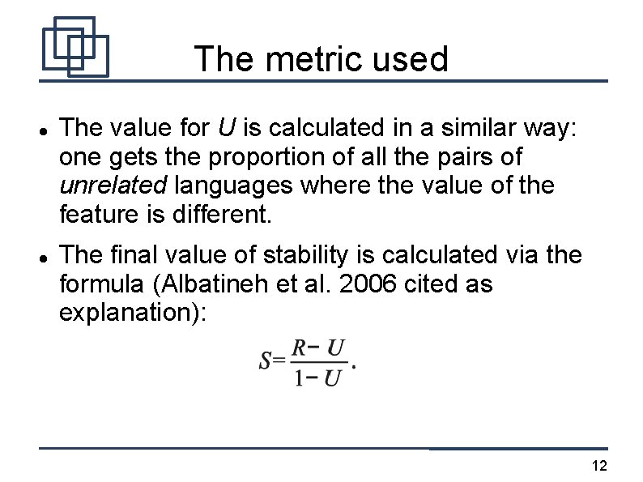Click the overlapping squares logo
[x=75, y=46]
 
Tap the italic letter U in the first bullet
[x=226, y=128]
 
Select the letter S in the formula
[x=266, y=361]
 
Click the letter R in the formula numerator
[x=299, y=348]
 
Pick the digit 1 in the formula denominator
[x=299, y=377]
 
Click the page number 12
[x=600, y=465]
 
